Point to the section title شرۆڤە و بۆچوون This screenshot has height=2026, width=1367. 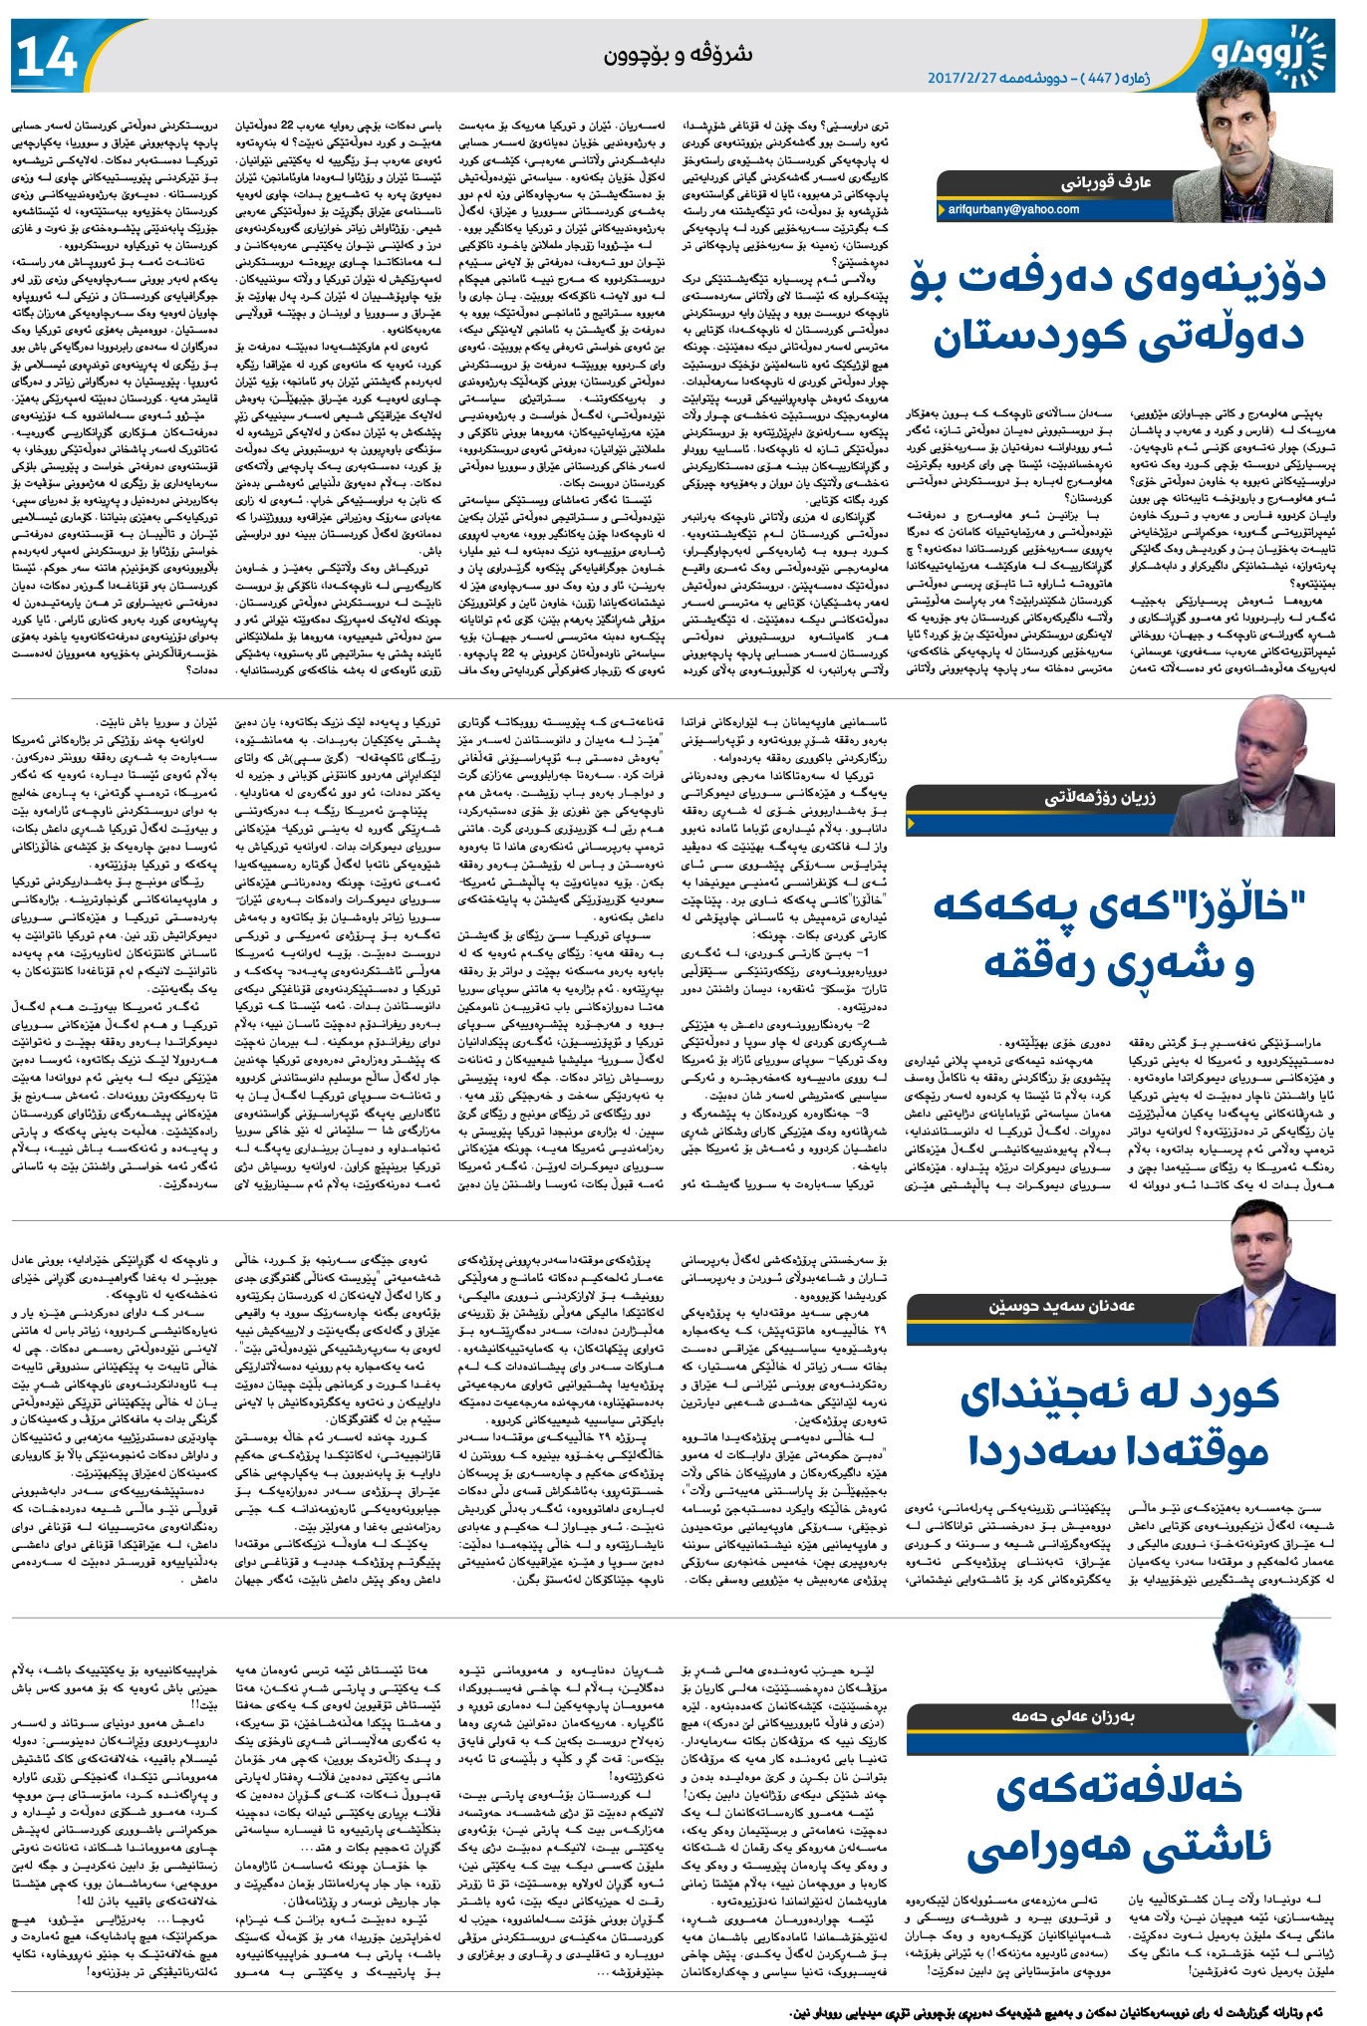point(678,55)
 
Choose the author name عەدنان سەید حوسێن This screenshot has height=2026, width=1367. point(1062,1306)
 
